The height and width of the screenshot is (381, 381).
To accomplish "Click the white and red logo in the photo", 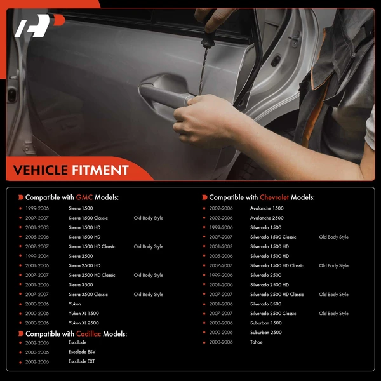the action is [x=39, y=25].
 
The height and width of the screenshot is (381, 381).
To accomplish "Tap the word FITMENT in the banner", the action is [x=100, y=170].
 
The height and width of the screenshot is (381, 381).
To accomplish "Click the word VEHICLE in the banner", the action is [x=41, y=170].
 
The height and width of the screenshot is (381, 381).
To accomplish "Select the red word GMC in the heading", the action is [x=84, y=197].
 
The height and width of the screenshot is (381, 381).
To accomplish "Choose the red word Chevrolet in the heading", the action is [x=274, y=197].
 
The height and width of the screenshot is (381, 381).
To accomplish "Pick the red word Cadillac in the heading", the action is [x=88, y=334].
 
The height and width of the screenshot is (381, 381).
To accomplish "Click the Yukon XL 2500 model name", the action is [x=84, y=323].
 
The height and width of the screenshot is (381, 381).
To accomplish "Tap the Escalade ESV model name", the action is [x=82, y=352].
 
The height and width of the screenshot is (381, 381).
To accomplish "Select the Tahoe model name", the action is [x=257, y=342].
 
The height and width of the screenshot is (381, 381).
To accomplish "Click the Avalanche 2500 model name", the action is [x=267, y=218].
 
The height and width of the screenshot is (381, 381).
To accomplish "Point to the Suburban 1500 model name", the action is [x=266, y=323].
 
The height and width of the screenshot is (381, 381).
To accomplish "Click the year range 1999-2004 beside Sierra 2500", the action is [x=37, y=256].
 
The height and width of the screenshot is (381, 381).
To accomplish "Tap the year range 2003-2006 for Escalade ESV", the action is [x=37, y=352].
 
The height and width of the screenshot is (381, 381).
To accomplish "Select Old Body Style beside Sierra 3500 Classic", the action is [x=149, y=295].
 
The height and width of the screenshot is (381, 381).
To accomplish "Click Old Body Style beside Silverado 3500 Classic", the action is [x=334, y=314].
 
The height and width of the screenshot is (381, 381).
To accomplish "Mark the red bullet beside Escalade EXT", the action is [x=20, y=363].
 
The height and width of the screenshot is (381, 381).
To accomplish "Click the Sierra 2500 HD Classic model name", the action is [x=92, y=276].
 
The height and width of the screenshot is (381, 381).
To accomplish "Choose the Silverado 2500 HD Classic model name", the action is [x=277, y=295].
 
